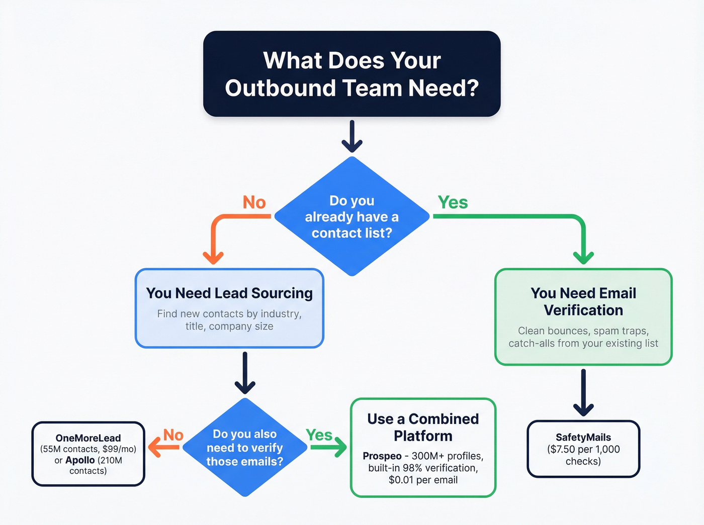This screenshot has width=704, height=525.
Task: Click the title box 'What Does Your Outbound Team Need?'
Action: [351, 74]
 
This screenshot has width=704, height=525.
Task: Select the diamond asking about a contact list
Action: [351, 217]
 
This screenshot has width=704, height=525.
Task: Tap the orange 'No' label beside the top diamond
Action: [254, 202]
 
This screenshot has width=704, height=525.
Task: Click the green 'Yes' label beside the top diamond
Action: [453, 202]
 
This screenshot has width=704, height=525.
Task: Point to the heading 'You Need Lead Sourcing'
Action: [229, 293]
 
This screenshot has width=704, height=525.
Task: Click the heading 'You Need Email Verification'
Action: [583, 301]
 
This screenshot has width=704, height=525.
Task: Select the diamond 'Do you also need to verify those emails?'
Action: [245, 447]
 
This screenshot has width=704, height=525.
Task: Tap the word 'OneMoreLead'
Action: [88, 438]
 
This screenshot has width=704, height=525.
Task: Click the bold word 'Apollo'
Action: [80, 460]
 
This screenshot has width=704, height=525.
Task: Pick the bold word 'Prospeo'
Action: [382, 456]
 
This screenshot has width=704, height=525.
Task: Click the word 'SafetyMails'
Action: [583, 437]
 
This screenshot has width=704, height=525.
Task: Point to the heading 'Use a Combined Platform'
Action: [423, 427]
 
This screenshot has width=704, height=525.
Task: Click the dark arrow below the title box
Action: [352, 137]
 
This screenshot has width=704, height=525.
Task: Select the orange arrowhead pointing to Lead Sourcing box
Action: [213, 257]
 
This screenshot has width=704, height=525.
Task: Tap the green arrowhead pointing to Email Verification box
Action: [583, 257]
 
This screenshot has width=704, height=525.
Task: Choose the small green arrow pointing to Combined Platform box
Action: [329, 447]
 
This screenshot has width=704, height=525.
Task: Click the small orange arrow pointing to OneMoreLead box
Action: [162, 447]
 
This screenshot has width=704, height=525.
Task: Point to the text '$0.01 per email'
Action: [423, 480]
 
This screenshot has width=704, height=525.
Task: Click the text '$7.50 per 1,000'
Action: [583, 449]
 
